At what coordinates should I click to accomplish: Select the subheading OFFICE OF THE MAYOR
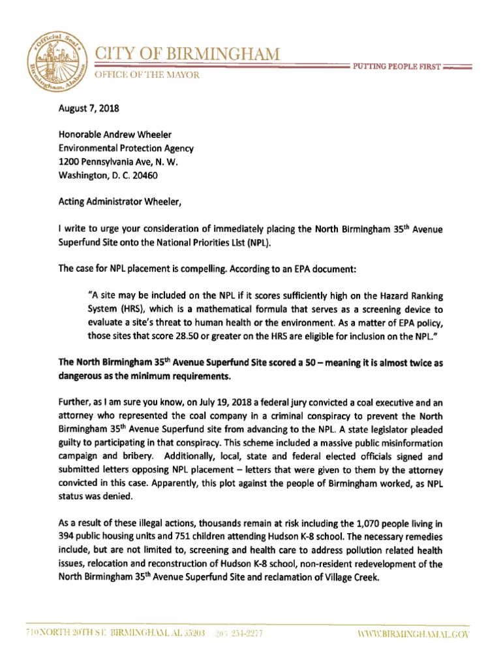click(x=148, y=75)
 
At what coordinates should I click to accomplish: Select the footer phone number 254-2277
click(x=245, y=634)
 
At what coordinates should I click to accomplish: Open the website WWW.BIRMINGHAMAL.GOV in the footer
click(x=412, y=634)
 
